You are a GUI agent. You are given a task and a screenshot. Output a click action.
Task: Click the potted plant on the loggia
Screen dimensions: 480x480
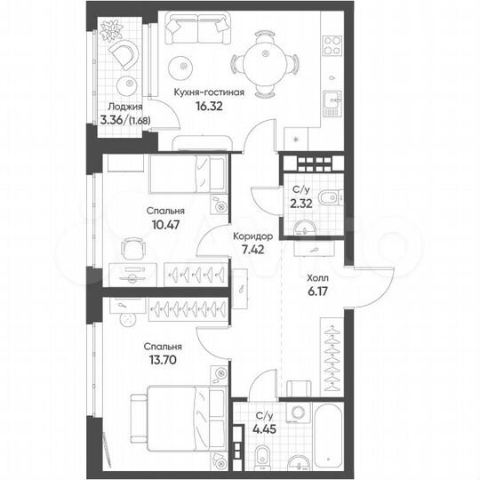pos(111,31)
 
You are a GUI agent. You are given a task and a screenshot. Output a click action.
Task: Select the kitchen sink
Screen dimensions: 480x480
pos(335,100)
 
